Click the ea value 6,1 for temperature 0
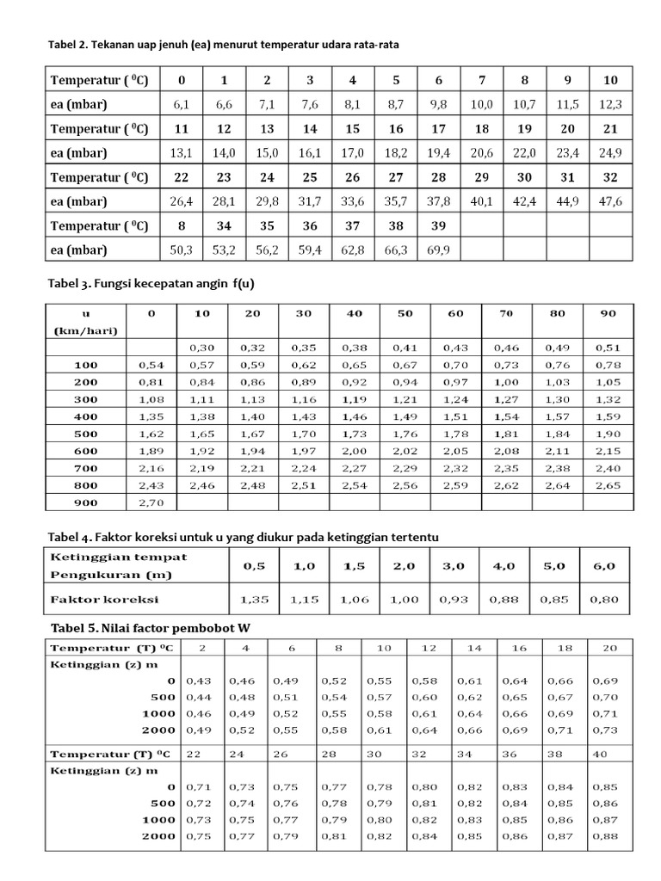point(181,104)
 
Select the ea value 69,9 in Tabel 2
point(439,250)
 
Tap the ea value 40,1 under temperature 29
point(482,201)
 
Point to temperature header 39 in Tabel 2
point(439,226)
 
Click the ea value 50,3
point(181,250)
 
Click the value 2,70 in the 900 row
point(151,502)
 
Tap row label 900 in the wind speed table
point(86,502)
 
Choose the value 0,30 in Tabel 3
point(202,348)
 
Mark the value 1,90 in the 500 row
point(608,434)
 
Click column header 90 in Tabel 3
point(608,314)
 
